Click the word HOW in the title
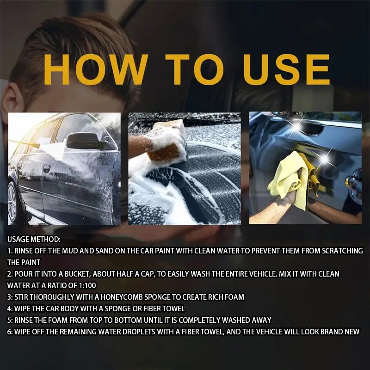[x=96, y=69]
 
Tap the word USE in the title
[x=286, y=69]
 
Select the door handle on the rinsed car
[x=47, y=168]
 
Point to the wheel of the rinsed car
[x=14, y=203]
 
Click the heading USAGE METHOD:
[x=34, y=239]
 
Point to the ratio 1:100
[x=87, y=285]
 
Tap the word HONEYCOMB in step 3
[x=122, y=297]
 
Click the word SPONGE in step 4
[x=117, y=308]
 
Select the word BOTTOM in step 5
[x=128, y=320]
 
